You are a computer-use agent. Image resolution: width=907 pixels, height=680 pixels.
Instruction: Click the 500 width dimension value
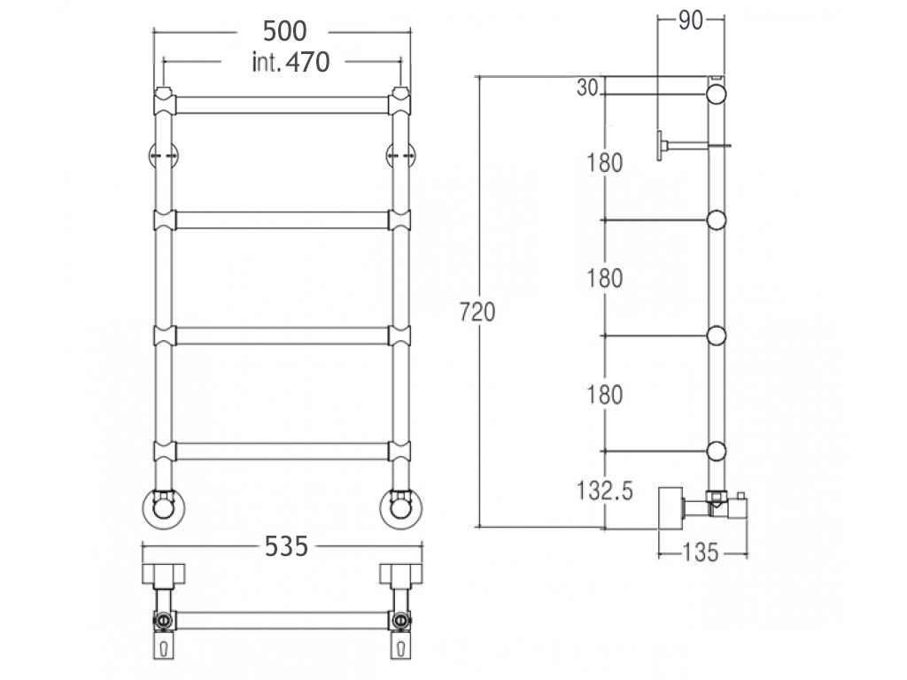click(284, 31)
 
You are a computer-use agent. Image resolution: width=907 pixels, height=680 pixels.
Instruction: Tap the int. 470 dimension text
click(291, 62)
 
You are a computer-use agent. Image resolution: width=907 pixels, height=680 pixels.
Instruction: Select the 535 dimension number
click(286, 545)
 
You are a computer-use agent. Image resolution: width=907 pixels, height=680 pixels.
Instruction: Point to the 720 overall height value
click(477, 313)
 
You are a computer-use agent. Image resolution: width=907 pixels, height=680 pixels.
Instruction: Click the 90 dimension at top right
click(691, 21)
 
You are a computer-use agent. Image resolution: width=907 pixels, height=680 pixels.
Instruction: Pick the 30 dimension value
click(587, 88)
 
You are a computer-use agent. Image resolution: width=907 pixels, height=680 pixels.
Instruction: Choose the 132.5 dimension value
click(605, 491)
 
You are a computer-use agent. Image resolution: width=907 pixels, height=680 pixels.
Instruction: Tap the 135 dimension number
click(701, 552)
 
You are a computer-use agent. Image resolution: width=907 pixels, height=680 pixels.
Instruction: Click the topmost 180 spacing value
click(605, 163)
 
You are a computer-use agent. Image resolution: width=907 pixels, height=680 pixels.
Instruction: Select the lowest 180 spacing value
click(605, 395)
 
